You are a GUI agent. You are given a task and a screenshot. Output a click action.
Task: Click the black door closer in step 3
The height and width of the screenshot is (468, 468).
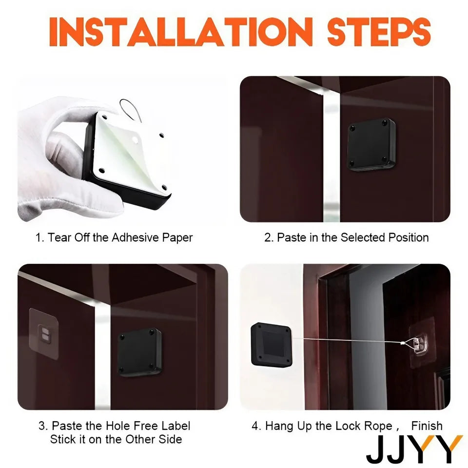(140, 352)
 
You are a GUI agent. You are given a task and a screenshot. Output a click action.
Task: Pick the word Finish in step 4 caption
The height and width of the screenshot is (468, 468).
(427, 426)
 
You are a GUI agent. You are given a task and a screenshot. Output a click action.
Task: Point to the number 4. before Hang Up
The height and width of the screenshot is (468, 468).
(256, 426)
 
